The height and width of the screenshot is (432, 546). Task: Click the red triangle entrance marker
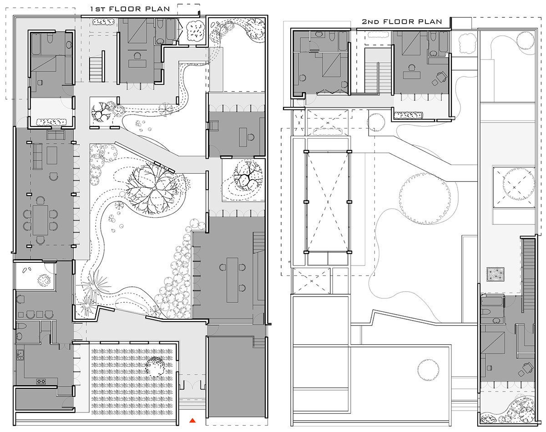(x=193, y=420)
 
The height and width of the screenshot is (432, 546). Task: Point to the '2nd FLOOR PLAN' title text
(x=402, y=21)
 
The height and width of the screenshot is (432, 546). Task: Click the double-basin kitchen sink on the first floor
(x=20, y=355)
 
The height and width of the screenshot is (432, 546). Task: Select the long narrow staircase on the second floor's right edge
(x=529, y=273)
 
